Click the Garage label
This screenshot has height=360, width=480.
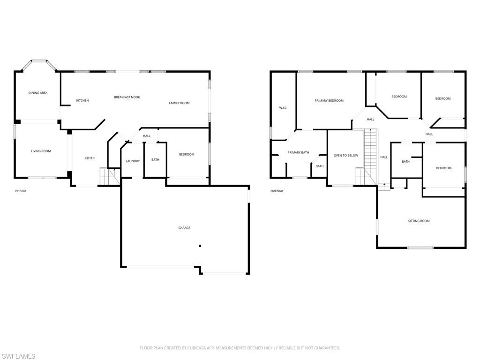coord(184,228)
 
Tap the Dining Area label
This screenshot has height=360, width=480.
coord(38,93)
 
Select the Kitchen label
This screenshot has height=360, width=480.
coord(82,100)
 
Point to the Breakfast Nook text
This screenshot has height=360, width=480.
coord(127,97)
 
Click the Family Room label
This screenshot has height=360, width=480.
coord(179,103)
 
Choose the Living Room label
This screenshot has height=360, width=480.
coord(41,151)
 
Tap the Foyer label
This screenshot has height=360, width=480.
coord(90,158)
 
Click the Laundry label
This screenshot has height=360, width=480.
coord(133,161)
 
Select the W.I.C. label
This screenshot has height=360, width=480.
coord(283,108)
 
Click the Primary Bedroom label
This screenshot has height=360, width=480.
coord(329,100)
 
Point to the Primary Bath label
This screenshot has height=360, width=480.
coord(298,152)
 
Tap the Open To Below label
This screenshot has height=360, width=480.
coord(346,156)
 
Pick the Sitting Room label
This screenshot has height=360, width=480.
coord(419,221)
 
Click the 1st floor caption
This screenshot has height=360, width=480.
coord(20,191)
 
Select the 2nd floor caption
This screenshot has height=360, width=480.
coord(277,191)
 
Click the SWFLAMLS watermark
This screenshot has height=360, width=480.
coord(18,356)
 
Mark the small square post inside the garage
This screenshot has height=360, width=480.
coord(200,246)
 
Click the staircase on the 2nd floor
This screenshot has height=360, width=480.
coord(371,150)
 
